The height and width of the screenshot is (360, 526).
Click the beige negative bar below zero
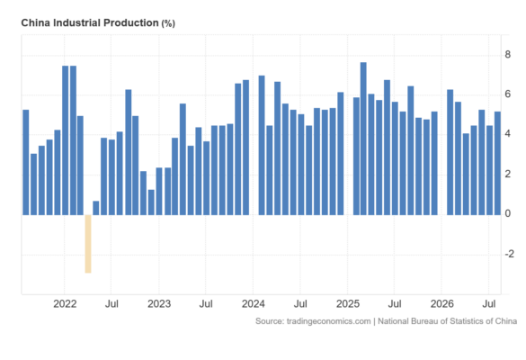pos(88,244)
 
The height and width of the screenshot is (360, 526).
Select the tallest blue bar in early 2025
pos(363,139)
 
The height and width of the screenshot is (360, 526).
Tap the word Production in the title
pos(131,22)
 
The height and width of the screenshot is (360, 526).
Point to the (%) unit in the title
pos(168,23)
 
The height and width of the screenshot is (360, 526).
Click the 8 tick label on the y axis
pos(507,54)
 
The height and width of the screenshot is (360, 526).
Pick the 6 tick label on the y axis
pos(507,94)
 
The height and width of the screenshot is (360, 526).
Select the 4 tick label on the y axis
pos(507,134)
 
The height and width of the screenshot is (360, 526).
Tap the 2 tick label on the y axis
pos(507,174)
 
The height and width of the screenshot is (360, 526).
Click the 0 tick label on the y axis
pos(507,213)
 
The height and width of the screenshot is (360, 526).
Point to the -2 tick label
pos(509,254)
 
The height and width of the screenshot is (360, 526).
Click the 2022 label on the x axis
pos(65,304)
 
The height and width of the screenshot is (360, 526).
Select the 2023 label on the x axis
pos(159,304)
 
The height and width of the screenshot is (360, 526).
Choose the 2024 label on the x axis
pos(254,304)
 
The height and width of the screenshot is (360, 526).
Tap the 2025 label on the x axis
pos(348,304)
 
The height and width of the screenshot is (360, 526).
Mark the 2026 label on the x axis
pos(442,304)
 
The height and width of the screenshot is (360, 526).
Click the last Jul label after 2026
pos(489,304)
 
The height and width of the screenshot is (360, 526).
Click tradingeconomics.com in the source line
pos(328,321)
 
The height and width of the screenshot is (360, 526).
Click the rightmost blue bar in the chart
pos(497,163)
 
